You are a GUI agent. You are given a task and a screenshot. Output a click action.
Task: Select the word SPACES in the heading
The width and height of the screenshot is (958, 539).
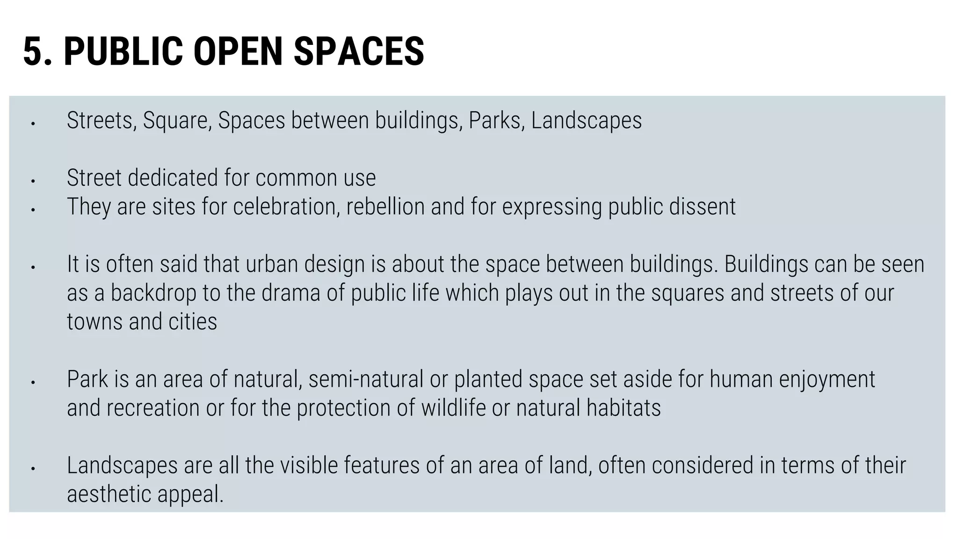click(359, 51)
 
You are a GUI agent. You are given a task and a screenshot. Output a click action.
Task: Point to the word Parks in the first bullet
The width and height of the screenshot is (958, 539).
click(496, 121)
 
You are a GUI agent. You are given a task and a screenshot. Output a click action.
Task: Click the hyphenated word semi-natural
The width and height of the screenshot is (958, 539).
click(366, 379)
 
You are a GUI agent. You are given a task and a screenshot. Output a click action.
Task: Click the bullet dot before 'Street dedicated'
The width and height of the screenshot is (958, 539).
click(33, 181)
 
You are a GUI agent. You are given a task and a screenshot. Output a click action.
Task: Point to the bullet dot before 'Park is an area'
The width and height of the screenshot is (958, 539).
click(33, 383)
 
